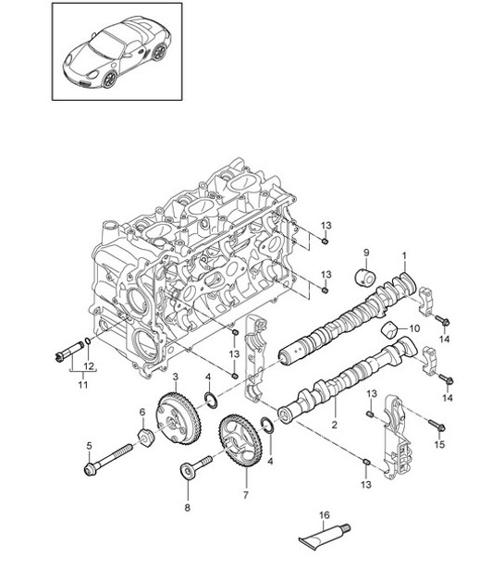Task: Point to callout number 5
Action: point(89,445)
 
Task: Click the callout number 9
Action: point(365,253)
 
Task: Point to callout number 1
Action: point(403,254)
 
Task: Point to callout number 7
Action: point(246,495)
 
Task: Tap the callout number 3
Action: point(175,377)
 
